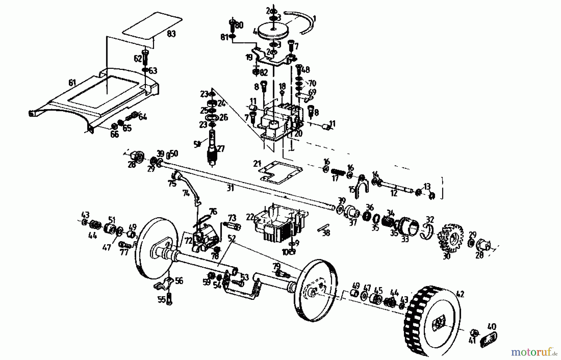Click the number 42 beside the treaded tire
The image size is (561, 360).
pos(460,294)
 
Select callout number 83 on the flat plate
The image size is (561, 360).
pos(171,34)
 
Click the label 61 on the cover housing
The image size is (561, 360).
pos(72,83)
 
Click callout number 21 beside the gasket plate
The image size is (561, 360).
pos(257,164)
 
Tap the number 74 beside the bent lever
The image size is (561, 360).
pos(186,194)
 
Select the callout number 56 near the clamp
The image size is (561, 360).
pos(179,281)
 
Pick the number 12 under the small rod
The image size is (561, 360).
pos(394,194)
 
